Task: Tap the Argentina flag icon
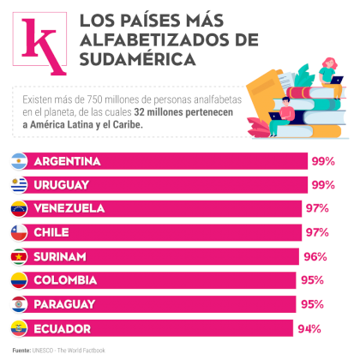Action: [19, 161]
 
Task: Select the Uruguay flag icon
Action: [19, 185]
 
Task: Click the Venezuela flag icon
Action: [19, 208]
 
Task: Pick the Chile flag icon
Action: [19, 232]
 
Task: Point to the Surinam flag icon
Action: [19, 256]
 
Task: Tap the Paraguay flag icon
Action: [19, 304]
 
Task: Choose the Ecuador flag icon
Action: [19, 328]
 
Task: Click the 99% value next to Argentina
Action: [323, 161]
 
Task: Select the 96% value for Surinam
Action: [315, 257]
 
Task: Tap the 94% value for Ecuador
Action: [309, 329]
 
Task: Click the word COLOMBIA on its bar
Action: [65, 280]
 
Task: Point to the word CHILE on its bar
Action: [51, 232]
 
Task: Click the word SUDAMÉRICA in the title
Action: [137, 59]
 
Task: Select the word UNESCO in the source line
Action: [43, 351]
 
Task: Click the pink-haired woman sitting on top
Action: [332, 76]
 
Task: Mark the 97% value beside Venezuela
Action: [317, 208]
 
